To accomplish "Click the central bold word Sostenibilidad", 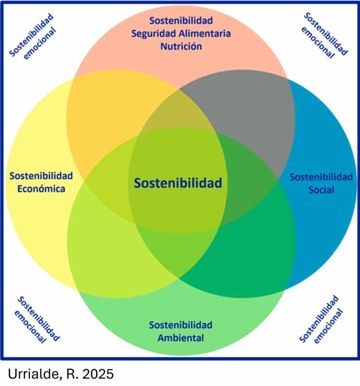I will click(178, 183).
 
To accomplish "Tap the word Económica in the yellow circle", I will click(41, 189).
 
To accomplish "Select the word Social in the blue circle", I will click(321, 190).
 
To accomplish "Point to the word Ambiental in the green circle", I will click(180, 338).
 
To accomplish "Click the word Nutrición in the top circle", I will click(181, 47).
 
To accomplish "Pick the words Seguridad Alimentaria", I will click(181, 34).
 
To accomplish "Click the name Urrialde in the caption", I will click(30, 373).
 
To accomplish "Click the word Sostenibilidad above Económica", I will click(41, 175).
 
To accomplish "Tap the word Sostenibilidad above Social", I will click(321, 177).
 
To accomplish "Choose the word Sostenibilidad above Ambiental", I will click(180, 324).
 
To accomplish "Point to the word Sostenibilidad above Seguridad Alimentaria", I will click(181, 21).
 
